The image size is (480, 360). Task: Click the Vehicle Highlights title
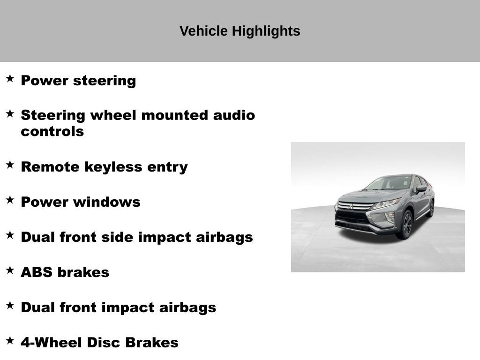[240, 31]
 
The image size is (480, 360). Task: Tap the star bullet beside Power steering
[10, 78]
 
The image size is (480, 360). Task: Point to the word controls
[52, 131]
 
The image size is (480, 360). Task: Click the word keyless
[121, 167]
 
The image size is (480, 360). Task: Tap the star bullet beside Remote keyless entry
[10, 165]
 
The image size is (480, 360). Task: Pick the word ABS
[36, 272]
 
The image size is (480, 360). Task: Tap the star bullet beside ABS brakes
[10, 270]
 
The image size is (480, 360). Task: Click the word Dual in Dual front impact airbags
[37, 307]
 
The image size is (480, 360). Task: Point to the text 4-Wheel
[52, 343]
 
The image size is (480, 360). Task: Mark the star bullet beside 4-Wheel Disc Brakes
[10, 340]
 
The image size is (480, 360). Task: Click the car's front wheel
[406, 225]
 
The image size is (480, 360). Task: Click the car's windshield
[389, 183]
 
